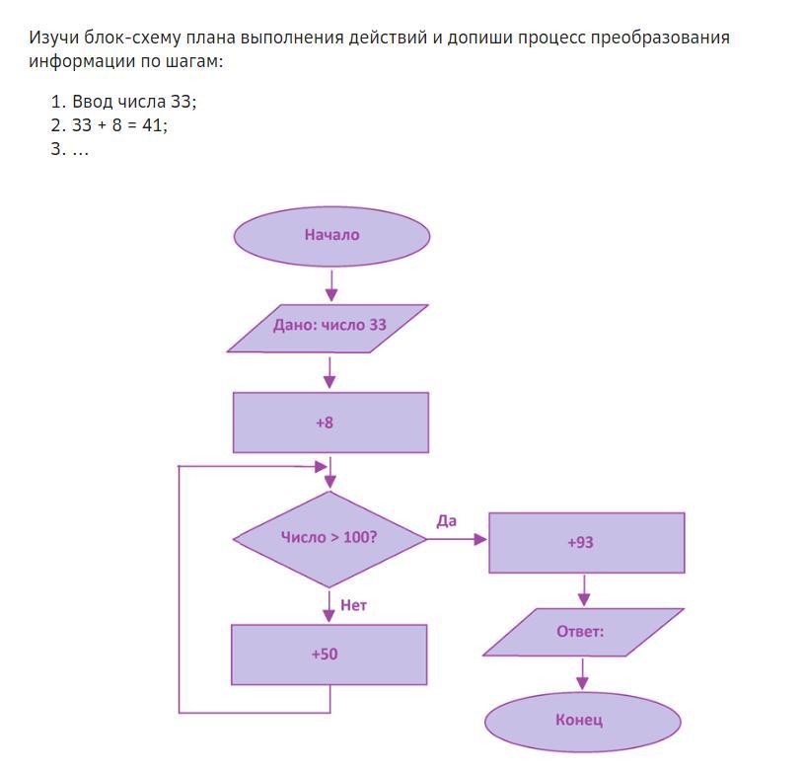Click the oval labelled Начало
pyautogui.click(x=331, y=236)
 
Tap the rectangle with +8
pyautogui.click(x=330, y=423)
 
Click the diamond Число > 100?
pyautogui.click(x=329, y=539)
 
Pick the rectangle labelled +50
pyautogui.click(x=329, y=655)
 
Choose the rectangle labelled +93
pyautogui.click(x=586, y=543)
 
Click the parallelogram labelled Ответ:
pyautogui.click(x=582, y=632)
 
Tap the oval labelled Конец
pyautogui.click(x=582, y=720)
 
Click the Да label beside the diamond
pyautogui.click(x=446, y=520)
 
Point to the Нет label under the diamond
pyautogui.click(x=353, y=605)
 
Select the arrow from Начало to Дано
pyautogui.click(x=330, y=285)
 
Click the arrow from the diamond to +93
pyautogui.click(x=458, y=539)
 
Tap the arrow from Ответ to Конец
pyautogui.click(x=582, y=674)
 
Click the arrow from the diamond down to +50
pyautogui.click(x=329, y=605)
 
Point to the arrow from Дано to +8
pyautogui.click(x=329, y=372)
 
